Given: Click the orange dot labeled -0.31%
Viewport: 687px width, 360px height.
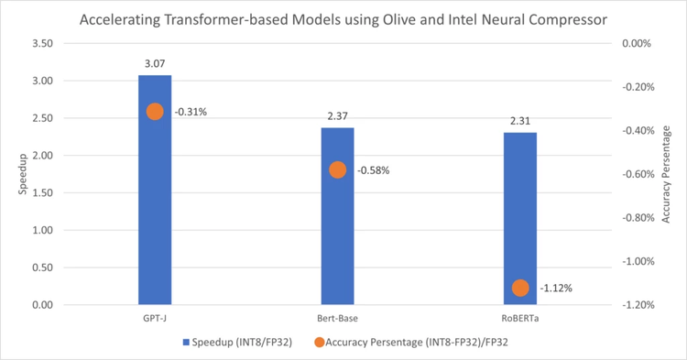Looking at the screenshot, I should (155, 112).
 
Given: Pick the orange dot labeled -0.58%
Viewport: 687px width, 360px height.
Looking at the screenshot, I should (337, 170).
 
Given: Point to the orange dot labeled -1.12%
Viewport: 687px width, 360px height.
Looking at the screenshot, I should (520, 288).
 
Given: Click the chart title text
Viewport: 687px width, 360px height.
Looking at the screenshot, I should (343, 18).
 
